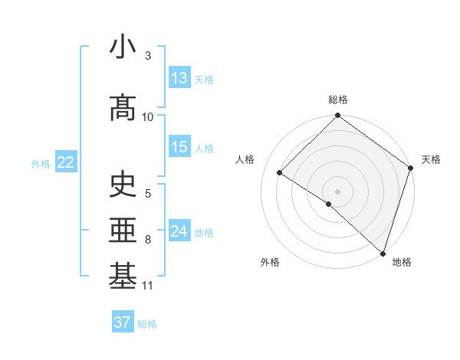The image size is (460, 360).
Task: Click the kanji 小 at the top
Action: point(123,47)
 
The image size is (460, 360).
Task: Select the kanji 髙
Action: point(123,108)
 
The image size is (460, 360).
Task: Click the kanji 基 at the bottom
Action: point(123,277)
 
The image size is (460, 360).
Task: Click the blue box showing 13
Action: point(179,78)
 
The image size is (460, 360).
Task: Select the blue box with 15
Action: point(179,147)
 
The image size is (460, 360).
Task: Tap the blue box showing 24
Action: point(179,231)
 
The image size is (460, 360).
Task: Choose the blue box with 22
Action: point(66,162)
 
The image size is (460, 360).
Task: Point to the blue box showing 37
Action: point(123,322)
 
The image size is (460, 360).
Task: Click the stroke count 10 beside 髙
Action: point(147,117)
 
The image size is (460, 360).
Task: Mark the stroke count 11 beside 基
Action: point(147,286)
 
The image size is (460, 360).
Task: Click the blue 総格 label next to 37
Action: point(147,324)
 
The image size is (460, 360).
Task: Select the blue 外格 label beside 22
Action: point(41,163)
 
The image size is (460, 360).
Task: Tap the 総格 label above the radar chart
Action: point(338,100)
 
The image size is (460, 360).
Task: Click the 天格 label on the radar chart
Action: point(431,159)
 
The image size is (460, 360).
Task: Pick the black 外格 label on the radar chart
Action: point(270,262)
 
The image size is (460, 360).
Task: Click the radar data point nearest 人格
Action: point(280,173)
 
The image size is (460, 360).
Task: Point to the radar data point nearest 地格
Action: point(383,252)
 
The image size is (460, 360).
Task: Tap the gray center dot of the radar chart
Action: point(337,191)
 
